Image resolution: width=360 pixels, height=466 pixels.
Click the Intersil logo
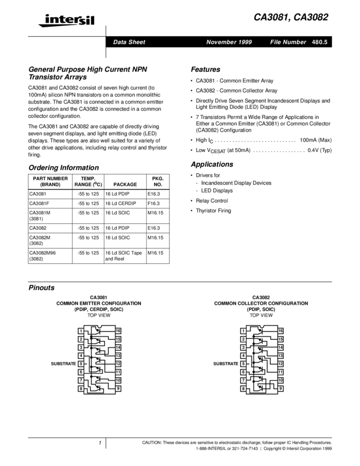(66, 21)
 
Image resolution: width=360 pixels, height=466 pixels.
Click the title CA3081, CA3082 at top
(290, 18)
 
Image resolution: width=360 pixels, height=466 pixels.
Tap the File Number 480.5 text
(299, 42)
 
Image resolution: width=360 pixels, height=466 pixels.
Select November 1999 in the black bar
(229, 42)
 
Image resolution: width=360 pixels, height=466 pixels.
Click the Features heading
(205, 70)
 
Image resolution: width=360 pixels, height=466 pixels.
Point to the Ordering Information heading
(64, 168)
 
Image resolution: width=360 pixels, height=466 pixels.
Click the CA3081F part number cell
(39, 203)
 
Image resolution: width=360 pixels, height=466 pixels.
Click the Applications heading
(212, 164)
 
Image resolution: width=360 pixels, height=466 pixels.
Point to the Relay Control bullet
(212, 201)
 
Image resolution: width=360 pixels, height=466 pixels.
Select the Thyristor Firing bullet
(214, 211)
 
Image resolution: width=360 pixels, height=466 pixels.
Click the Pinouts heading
(42, 288)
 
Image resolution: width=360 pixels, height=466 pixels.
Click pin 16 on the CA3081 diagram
(118, 331)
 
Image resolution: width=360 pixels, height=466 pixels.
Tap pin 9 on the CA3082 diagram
(281, 388)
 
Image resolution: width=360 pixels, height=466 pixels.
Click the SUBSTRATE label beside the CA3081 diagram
(63, 363)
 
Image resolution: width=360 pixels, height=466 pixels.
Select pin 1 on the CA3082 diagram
(243, 331)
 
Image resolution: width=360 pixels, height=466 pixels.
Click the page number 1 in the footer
(100, 442)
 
